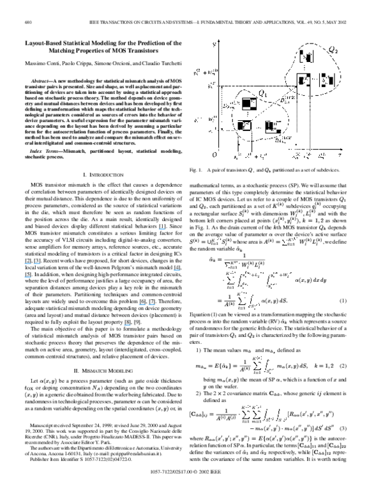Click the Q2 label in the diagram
(333, 49)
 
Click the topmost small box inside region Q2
(306, 56)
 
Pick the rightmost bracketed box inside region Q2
(326, 80)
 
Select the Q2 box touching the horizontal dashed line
(303, 81)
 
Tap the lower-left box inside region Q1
(243, 125)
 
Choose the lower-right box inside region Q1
(272, 126)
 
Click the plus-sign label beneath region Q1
(257, 156)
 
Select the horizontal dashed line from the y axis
(255, 86)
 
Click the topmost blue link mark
(162, 229)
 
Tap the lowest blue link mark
(127, 325)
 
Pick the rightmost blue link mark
(177, 270)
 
